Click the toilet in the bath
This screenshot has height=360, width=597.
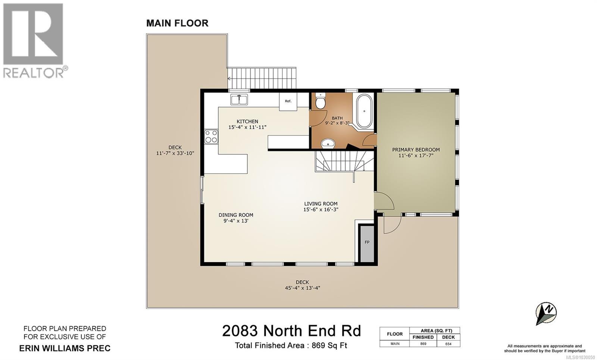321,101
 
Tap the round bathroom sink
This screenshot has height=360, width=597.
327,142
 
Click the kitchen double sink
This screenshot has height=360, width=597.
239,100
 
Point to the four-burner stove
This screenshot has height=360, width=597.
211,136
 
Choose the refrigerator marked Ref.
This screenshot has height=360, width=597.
288,101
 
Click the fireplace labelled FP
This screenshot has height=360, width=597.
367,242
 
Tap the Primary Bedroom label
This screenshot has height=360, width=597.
416,150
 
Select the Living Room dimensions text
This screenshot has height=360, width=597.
321,210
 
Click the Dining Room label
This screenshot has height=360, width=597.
236,215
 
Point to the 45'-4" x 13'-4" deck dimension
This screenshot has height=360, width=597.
302,288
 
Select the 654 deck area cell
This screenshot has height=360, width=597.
448,344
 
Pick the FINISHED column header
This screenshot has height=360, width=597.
423,337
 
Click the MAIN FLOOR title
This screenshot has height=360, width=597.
177,23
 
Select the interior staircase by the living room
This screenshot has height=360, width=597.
340,161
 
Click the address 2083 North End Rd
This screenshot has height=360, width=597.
291,331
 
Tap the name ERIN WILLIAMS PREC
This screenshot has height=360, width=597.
65,348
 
